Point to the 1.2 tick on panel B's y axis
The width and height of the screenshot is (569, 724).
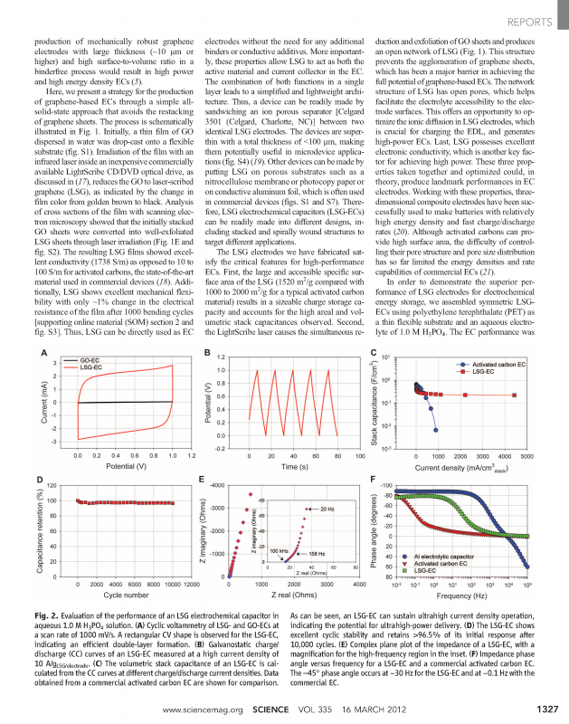(x=215, y=333)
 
